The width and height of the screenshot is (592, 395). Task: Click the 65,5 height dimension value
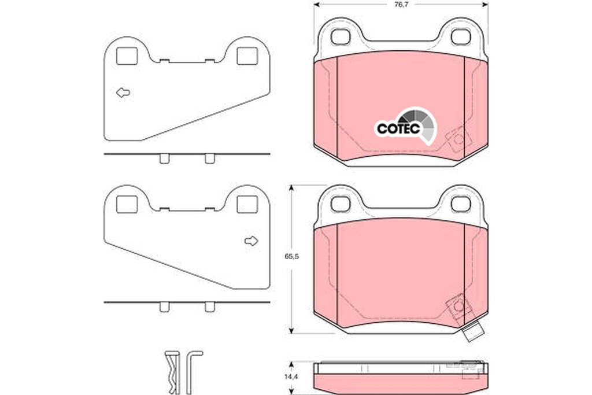(291, 256)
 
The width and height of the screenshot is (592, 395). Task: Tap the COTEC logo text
(398, 129)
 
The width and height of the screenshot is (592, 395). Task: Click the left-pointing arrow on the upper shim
(123, 93)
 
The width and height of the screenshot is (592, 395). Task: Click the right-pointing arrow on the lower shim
(251, 241)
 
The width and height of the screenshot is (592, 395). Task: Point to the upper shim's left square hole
(127, 56)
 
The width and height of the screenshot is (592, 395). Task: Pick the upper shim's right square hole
(247, 56)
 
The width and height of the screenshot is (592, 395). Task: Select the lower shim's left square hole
(127, 204)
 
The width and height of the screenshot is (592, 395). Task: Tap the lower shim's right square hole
(247, 204)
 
